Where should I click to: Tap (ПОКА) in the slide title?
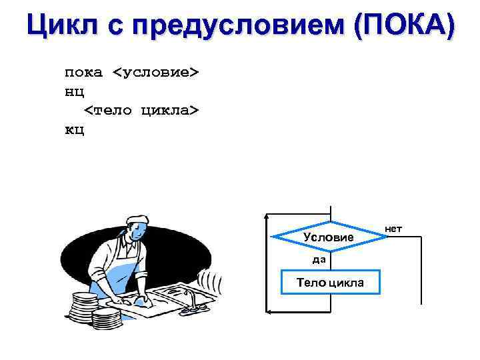(405, 27)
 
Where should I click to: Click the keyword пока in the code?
(83, 72)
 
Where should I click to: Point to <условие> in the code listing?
(155, 72)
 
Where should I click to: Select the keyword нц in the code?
(74, 91)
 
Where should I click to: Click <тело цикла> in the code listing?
(141, 109)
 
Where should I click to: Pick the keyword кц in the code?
(74, 128)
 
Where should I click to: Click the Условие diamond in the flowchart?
(330, 237)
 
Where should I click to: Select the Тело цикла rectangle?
(330, 282)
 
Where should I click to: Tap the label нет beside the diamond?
(393, 229)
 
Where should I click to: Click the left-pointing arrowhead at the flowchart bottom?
(269, 311)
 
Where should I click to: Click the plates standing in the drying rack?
(212, 280)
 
